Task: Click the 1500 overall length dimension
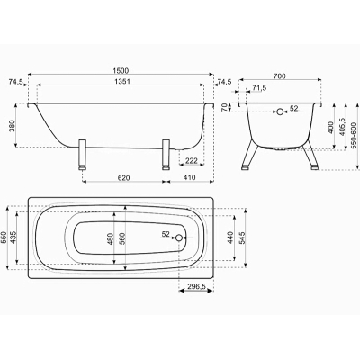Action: coord(121,71)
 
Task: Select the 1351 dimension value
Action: coord(121,82)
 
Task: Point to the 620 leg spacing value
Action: coord(123,178)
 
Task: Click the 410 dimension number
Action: coord(189,177)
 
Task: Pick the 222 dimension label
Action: coord(192,161)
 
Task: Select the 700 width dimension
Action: coord(279,76)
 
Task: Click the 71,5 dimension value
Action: coord(259,88)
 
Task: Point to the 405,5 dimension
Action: coord(342,126)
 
